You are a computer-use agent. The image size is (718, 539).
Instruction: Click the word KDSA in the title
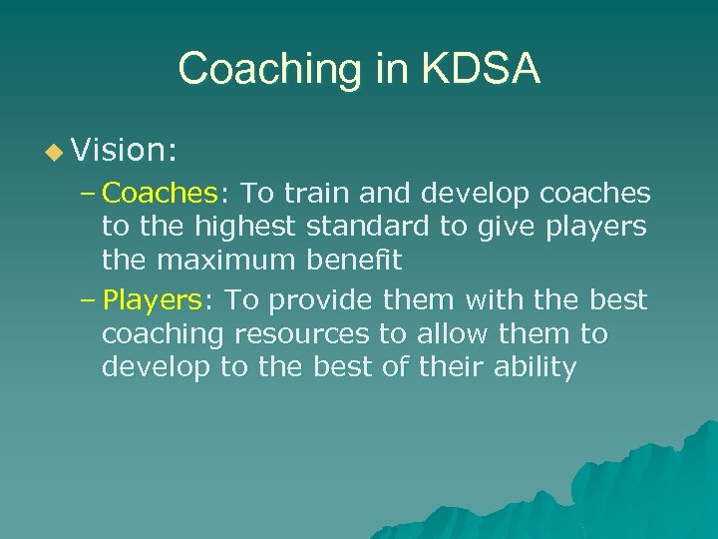482,69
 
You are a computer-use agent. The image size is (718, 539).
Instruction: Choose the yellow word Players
153,299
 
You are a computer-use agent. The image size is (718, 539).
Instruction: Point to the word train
313,192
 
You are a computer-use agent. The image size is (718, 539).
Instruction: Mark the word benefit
354,262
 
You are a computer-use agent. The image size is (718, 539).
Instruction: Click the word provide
319,299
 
